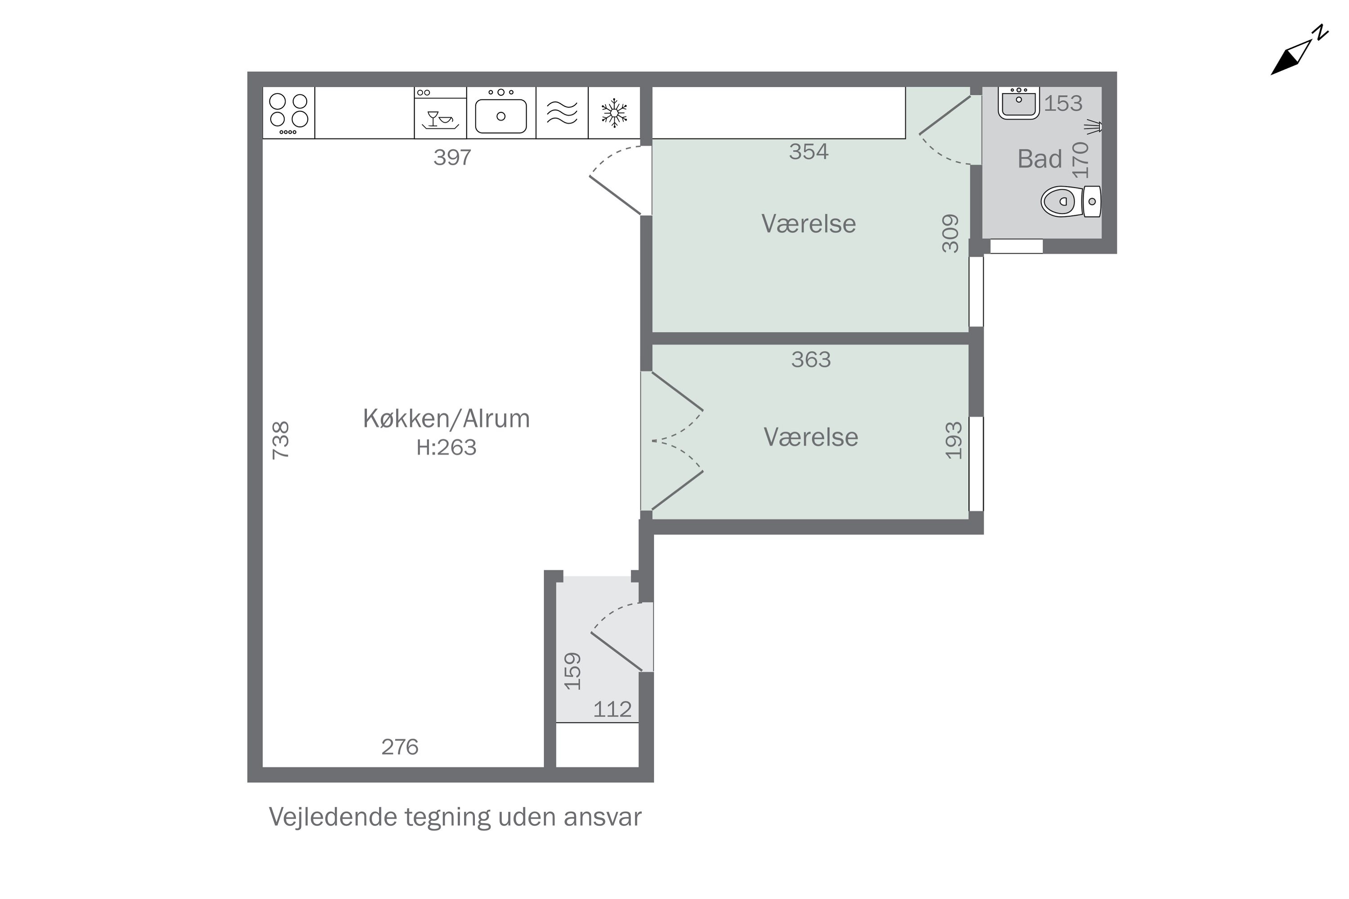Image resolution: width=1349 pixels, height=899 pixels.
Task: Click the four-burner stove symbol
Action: (x=289, y=113)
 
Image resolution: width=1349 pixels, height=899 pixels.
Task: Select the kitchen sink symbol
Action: (x=501, y=113)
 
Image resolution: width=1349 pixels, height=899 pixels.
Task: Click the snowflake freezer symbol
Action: (x=614, y=113)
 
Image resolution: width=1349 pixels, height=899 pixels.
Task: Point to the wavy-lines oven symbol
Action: (x=562, y=113)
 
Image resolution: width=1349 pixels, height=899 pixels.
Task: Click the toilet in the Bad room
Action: (x=1071, y=201)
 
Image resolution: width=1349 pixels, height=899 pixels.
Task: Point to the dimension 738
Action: (x=281, y=441)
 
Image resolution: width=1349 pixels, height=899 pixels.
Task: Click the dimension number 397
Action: (x=452, y=157)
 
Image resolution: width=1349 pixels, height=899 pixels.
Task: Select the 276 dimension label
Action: (x=400, y=747)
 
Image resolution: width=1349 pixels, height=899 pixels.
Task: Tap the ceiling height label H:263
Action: (x=446, y=447)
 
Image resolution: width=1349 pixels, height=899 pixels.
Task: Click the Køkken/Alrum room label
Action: (x=446, y=418)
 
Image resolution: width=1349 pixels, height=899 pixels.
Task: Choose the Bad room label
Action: (x=1039, y=159)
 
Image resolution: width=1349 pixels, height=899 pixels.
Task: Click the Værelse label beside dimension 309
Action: (x=809, y=223)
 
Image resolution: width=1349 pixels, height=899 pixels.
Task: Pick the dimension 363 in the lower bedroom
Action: (x=811, y=360)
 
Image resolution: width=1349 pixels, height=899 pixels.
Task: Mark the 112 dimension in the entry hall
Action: (x=612, y=710)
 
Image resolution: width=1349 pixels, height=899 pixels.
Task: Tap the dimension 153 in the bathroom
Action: (x=1063, y=103)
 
